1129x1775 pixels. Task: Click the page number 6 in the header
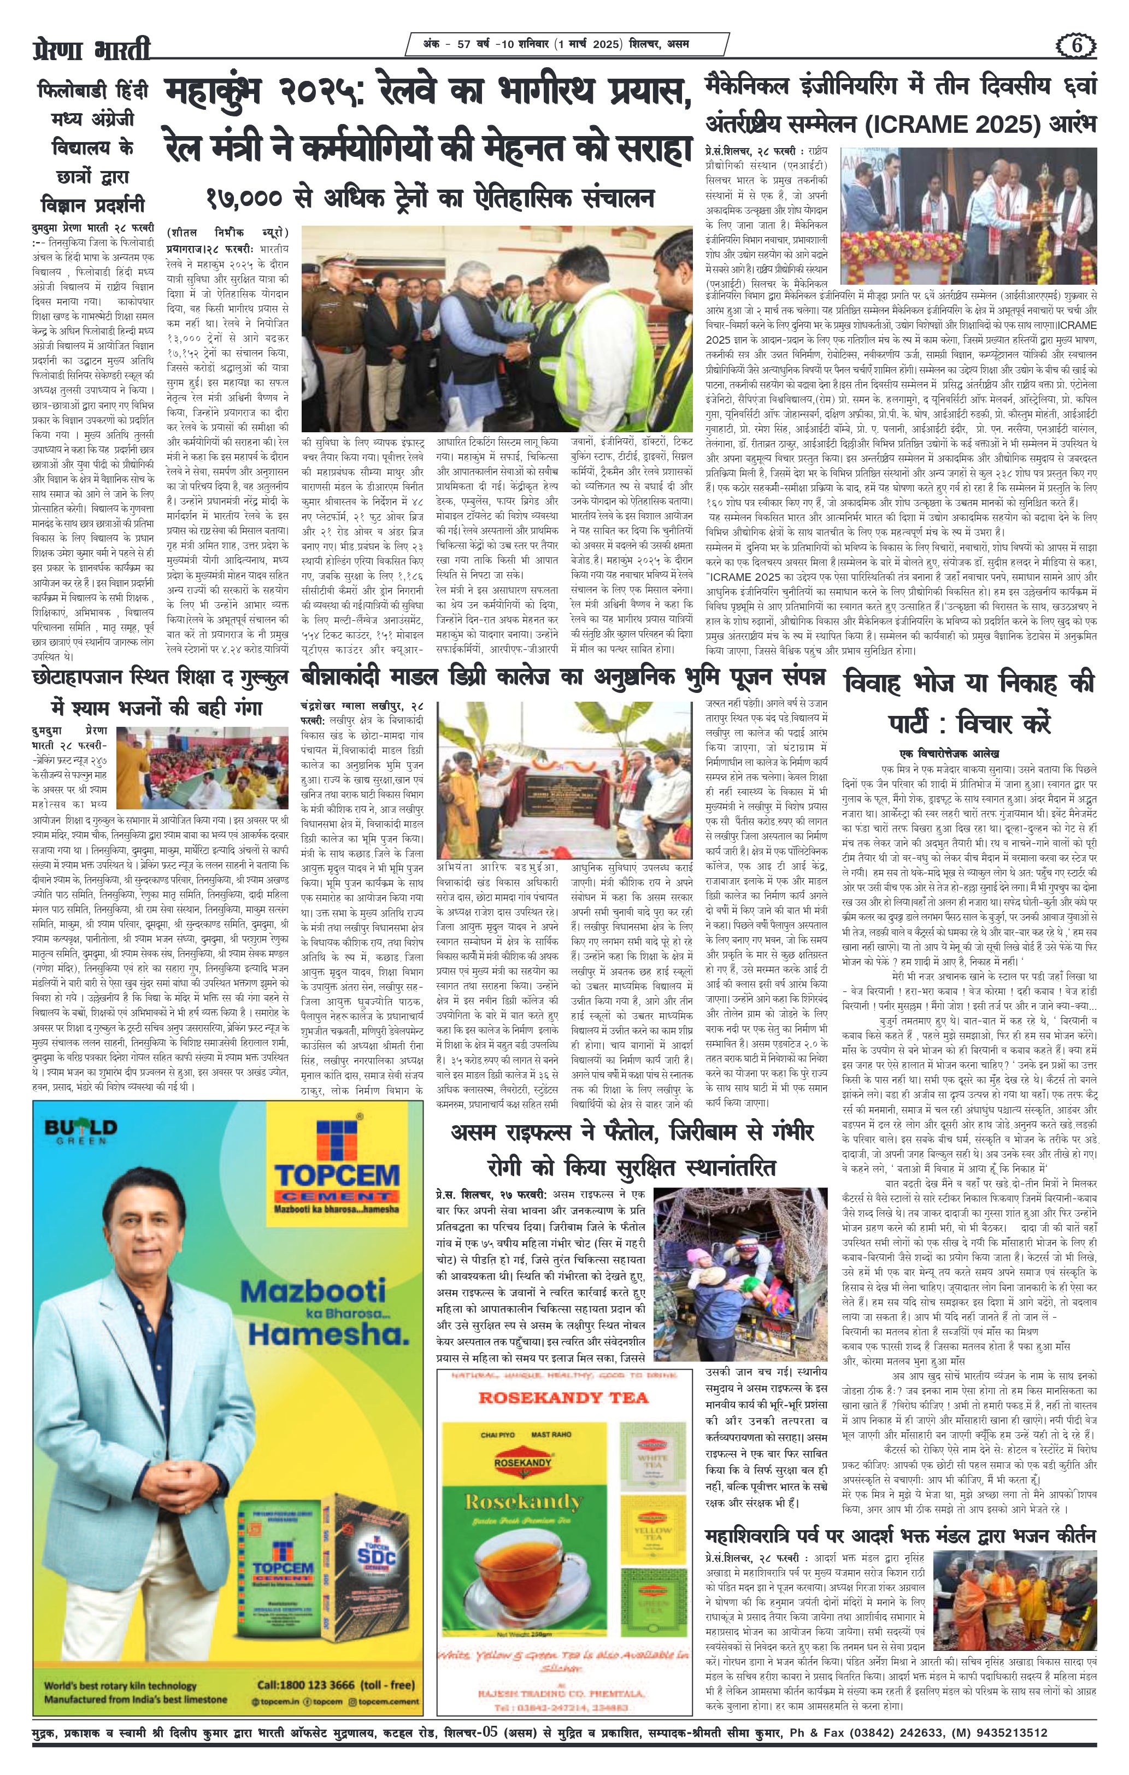pos(1078,46)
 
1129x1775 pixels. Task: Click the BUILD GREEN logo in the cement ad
pos(80,1131)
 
